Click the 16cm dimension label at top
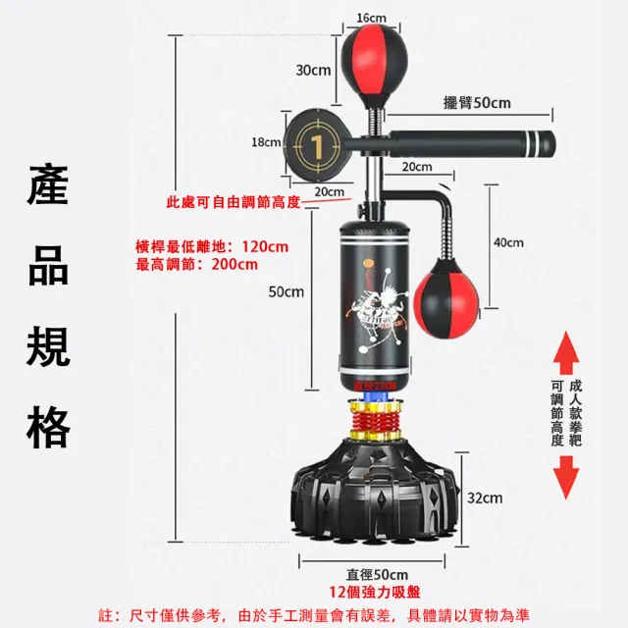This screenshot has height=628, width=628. pos(371,18)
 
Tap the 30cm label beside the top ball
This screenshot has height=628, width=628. pos(313,70)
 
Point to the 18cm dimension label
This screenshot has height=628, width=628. pos(266,142)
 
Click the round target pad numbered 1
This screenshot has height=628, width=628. pos(316,144)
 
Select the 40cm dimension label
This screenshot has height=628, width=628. pos(508,243)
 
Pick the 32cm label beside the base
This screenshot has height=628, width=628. pos(486,498)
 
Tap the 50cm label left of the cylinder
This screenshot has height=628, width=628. pos(287,291)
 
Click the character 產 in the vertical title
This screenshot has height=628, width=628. pos(48,185)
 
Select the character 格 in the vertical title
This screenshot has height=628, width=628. pos(48,429)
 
